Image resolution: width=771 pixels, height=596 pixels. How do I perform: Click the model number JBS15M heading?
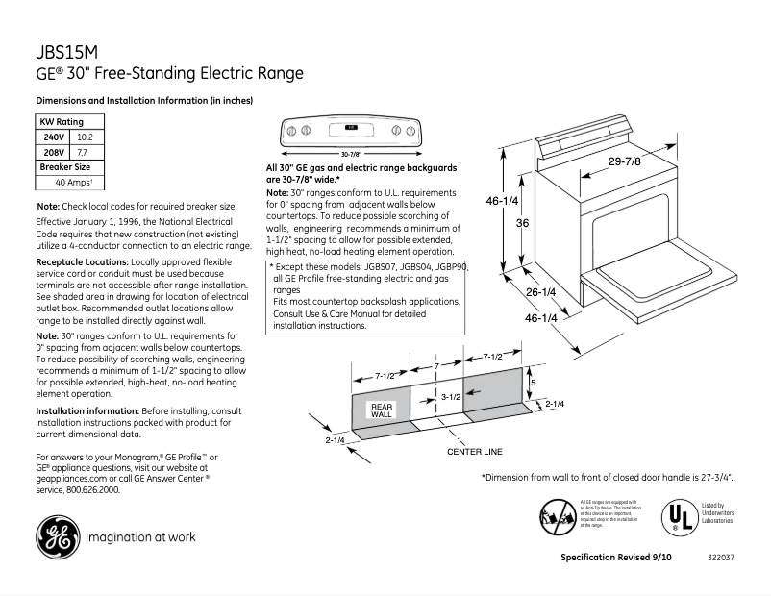click(x=68, y=52)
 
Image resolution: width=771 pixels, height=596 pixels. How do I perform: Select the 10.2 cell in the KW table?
click(x=85, y=137)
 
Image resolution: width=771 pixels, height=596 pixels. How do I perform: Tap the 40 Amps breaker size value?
click(x=72, y=183)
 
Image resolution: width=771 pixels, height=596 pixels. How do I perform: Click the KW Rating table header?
click(x=61, y=122)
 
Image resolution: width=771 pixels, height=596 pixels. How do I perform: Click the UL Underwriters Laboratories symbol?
click(x=679, y=515)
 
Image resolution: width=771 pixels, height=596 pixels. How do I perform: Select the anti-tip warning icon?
click(x=558, y=517)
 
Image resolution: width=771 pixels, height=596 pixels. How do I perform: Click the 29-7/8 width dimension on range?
click(x=624, y=161)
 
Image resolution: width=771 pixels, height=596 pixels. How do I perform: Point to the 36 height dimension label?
click(x=523, y=223)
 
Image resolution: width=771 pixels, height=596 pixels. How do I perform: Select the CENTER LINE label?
click(x=475, y=452)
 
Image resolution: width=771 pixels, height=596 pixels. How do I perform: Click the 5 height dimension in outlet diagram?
click(x=533, y=382)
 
